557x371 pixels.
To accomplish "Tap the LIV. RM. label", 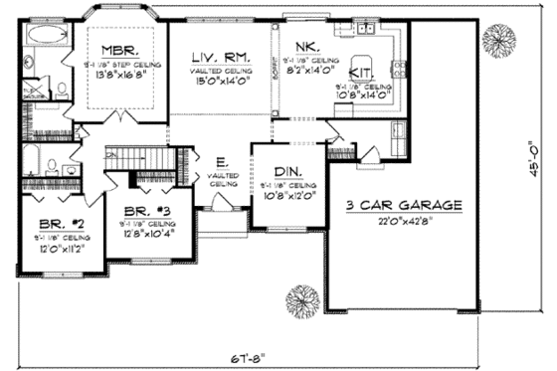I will tap(221, 61).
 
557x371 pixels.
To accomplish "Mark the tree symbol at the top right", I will tap(497, 41).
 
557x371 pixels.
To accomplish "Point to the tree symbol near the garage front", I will tap(300, 298).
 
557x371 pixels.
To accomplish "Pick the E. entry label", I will tap(221, 161).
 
